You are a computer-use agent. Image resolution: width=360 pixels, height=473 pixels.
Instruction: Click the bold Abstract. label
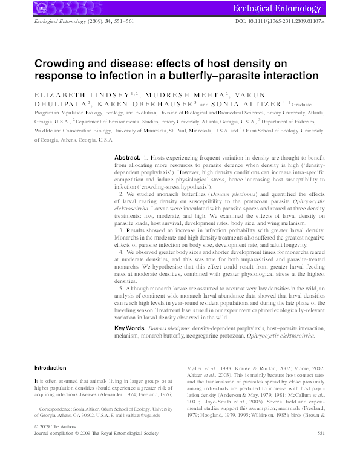click(x=128, y=157)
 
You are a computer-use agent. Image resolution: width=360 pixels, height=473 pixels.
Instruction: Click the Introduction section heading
click(x=50, y=367)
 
